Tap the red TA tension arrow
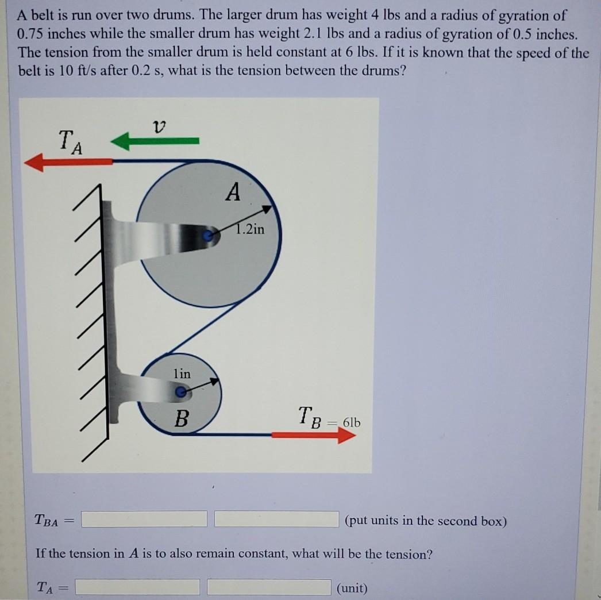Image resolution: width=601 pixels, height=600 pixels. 69,163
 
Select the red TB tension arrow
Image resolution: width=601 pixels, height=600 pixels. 314,435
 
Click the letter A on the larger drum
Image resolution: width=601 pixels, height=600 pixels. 232,193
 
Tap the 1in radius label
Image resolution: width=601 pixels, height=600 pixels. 182,374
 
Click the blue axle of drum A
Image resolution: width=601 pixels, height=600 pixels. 210,234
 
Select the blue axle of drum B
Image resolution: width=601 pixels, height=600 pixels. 180,393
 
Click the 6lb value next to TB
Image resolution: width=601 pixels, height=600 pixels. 352,423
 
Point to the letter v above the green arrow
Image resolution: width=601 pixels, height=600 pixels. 159,124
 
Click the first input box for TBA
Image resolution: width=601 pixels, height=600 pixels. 144,520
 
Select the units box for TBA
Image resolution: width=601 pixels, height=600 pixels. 276,520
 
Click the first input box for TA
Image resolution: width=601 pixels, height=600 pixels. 138,587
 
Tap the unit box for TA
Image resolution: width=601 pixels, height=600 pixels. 269,587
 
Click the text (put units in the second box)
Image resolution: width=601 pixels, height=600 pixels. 426,521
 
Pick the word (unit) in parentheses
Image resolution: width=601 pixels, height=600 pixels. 352,588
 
